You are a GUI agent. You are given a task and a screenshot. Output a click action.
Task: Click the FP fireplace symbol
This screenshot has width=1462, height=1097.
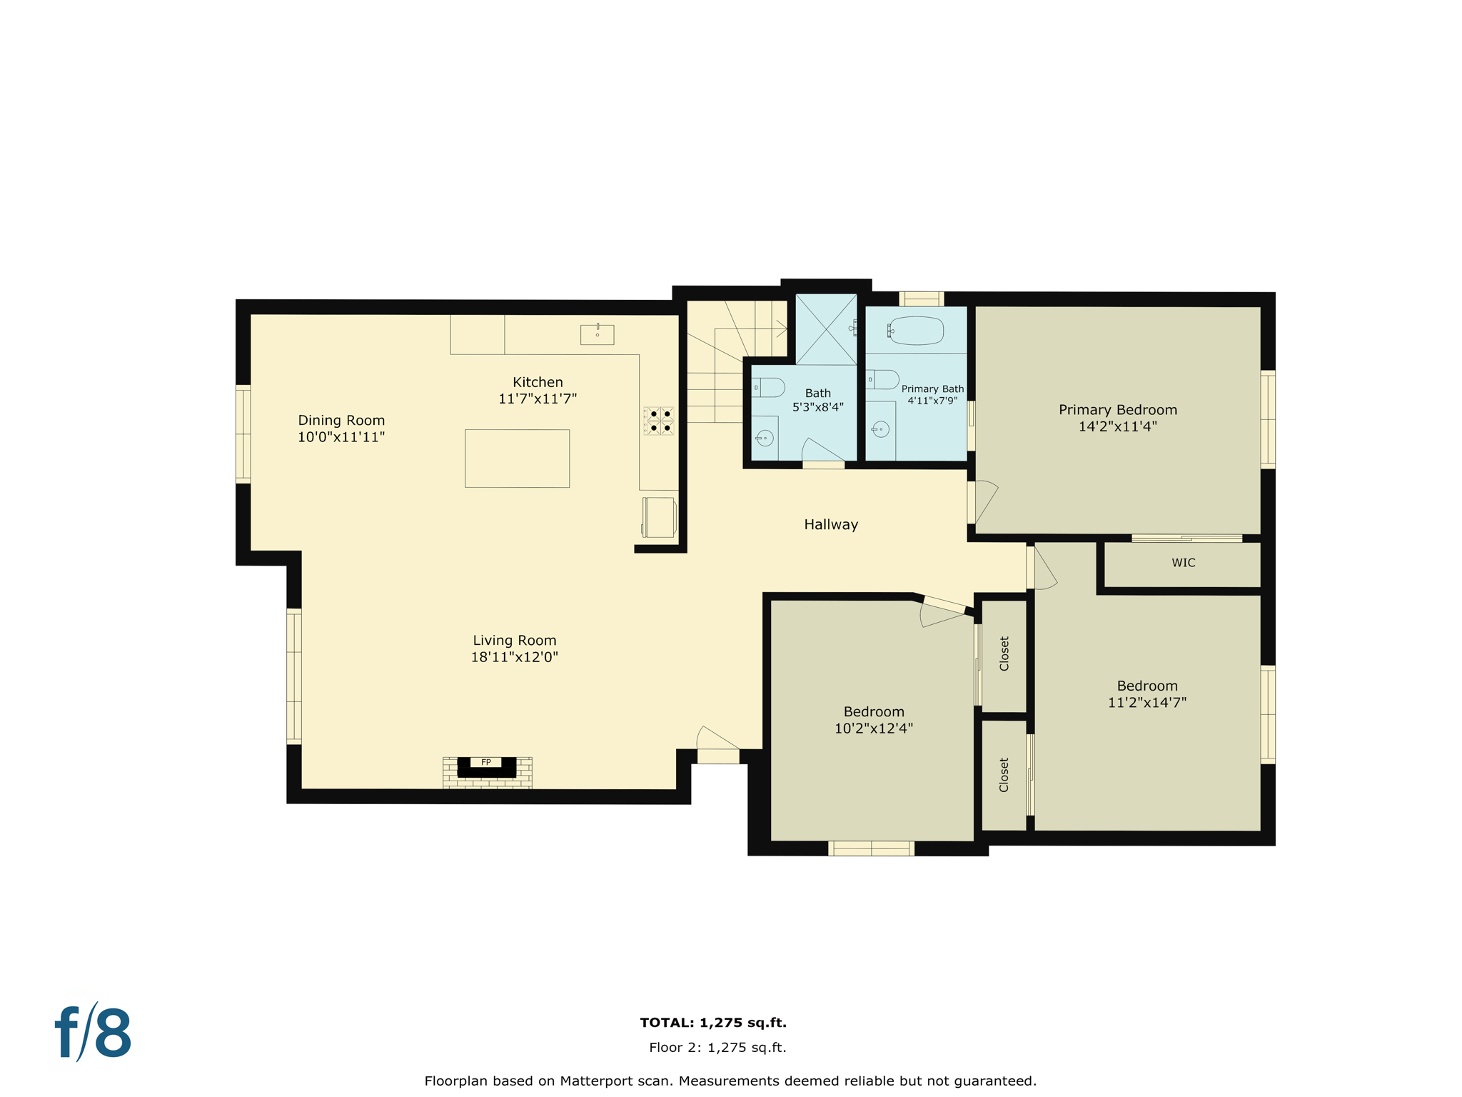(486, 766)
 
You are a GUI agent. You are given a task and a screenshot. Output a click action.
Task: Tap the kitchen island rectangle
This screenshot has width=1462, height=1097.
(517, 459)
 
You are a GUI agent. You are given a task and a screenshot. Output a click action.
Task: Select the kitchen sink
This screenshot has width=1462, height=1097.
(597, 334)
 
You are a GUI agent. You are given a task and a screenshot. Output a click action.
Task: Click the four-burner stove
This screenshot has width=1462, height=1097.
(658, 421)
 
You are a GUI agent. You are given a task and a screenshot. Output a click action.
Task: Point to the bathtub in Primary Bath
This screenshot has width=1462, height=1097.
(916, 331)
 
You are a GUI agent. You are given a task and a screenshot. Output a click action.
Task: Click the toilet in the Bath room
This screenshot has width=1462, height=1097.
(768, 388)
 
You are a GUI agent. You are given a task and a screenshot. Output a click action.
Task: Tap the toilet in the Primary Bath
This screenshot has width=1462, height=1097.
(882, 379)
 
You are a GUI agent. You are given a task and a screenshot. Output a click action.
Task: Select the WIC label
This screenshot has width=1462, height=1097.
(1183, 563)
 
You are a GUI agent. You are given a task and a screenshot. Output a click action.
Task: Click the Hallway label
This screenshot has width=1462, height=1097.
(830, 524)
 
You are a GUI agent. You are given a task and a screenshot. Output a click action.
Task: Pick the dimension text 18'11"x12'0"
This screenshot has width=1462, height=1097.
(514, 657)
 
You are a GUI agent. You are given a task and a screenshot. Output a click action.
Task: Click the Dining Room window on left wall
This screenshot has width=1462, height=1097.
(243, 434)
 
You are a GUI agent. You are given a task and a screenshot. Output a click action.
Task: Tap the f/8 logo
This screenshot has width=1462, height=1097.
(94, 1033)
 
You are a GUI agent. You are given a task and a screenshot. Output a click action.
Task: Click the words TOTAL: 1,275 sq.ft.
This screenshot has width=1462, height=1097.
(712, 1023)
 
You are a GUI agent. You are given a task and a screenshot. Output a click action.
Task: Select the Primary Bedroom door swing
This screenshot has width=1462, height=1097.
(984, 502)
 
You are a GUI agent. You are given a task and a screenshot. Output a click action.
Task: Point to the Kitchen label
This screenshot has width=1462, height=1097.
(538, 382)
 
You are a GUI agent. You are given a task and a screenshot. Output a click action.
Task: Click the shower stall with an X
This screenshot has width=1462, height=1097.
(826, 329)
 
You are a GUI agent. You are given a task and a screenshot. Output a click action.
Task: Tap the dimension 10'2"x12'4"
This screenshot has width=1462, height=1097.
(873, 728)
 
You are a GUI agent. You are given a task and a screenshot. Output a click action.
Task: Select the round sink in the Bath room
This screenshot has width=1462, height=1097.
(765, 438)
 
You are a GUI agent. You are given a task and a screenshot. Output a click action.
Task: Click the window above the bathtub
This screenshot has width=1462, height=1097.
(921, 299)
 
